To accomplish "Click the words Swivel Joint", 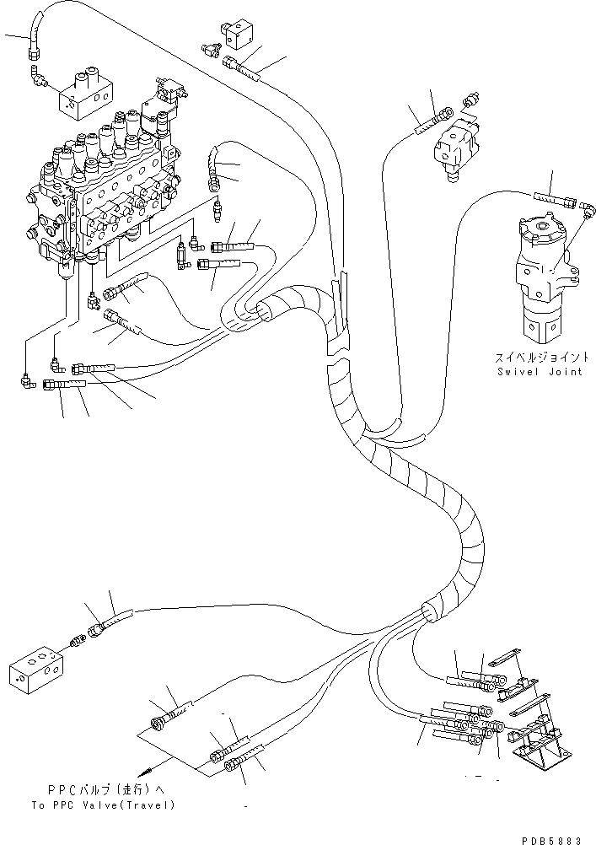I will tap(540, 372).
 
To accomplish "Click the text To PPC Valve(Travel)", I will tap(104, 805).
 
